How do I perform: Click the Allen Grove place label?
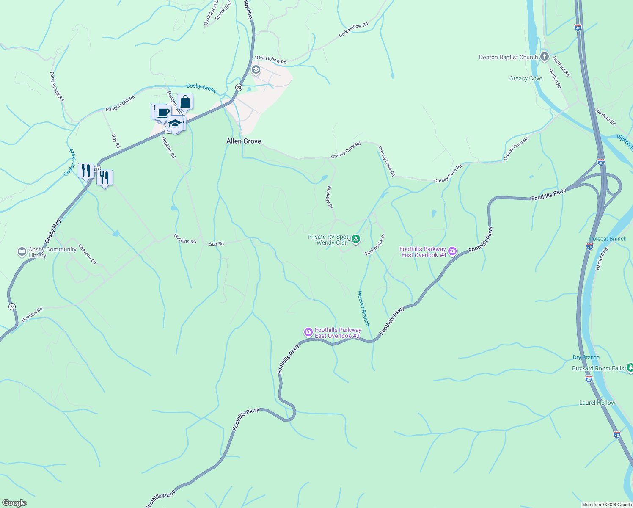(x=244, y=141)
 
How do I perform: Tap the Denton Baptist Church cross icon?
(x=544, y=57)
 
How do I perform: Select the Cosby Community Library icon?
(x=22, y=252)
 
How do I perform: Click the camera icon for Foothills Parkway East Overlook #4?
(x=452, y=252)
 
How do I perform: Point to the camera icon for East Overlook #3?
(x=308, y=332)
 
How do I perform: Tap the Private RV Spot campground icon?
(x=356, y=240)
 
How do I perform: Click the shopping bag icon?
(x=185, y=102)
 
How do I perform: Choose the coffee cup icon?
(x=163, y=113)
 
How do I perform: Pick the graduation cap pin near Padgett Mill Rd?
(x=174, y=124)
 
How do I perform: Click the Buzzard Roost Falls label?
(x=598, y=368)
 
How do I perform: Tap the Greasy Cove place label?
(x=526, y=78)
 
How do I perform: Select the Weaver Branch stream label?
(x=363, y=308)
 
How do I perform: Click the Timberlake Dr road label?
(x=375, y=245)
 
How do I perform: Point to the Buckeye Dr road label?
(x=330, y=197)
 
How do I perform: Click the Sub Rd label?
(x=216, y=244)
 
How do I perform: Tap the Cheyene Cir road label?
(x=88, y=254)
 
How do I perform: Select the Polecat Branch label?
(x=608, y=239)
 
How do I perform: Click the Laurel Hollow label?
(x=597, y=403)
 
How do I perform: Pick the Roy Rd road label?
(x=116, y=141)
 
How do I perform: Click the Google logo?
(x=14, y=503)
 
